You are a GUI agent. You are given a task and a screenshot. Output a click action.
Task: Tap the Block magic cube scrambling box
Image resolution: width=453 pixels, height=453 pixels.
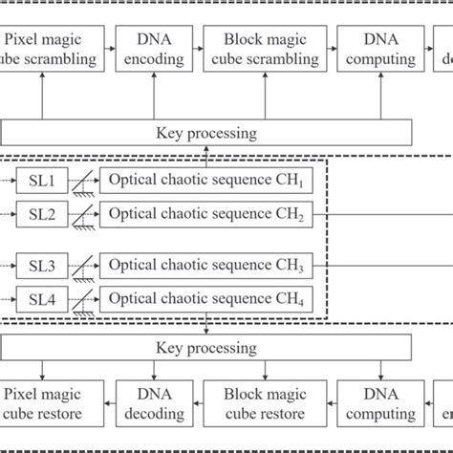[x=259, y=50]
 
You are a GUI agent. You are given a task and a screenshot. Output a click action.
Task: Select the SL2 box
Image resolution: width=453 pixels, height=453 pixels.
[x=39, y=217]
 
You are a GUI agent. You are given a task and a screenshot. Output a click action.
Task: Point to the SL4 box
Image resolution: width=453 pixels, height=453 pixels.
[x=39, y=301]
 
